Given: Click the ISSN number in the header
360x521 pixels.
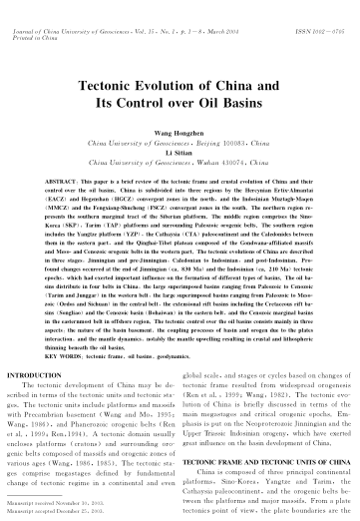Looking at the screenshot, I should (x=326, y=10).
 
